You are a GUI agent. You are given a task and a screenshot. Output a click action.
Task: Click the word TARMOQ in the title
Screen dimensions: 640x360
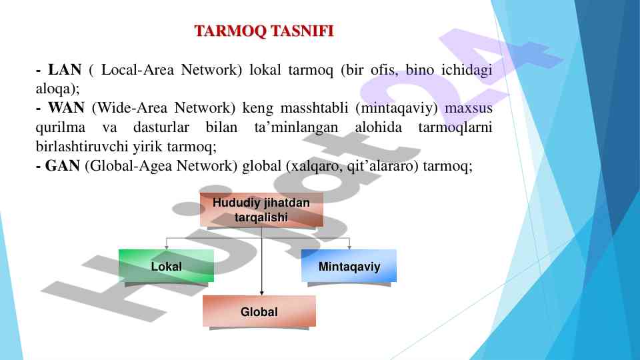(230, 31)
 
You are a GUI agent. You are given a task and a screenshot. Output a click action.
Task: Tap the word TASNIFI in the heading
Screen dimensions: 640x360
(302, 31)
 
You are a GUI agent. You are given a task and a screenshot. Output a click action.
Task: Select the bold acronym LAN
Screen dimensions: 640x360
(65, 70)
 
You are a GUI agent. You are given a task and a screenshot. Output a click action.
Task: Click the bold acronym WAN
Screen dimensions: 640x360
(66, 108)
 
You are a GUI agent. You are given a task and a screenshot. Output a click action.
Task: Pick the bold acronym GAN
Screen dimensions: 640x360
(63, 166)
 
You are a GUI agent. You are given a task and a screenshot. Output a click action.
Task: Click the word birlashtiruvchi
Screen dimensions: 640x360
(82, 146)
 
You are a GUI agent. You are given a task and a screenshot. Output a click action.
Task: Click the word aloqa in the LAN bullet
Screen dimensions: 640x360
(53, 89)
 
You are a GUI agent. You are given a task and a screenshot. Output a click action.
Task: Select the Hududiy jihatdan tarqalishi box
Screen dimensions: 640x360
(261, 210)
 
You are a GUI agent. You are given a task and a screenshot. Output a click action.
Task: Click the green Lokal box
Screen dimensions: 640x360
(166, 266)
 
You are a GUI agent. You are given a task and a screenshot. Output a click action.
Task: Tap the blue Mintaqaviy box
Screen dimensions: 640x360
(349, 266)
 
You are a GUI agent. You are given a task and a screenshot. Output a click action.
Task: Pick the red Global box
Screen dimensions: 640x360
(259, 311)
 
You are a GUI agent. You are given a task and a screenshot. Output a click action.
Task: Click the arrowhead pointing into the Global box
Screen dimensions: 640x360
(261, 293)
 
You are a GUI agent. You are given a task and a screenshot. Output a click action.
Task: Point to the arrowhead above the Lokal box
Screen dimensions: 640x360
(167, 247)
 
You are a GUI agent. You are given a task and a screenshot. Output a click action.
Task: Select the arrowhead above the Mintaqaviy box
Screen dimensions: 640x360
(349, 247)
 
